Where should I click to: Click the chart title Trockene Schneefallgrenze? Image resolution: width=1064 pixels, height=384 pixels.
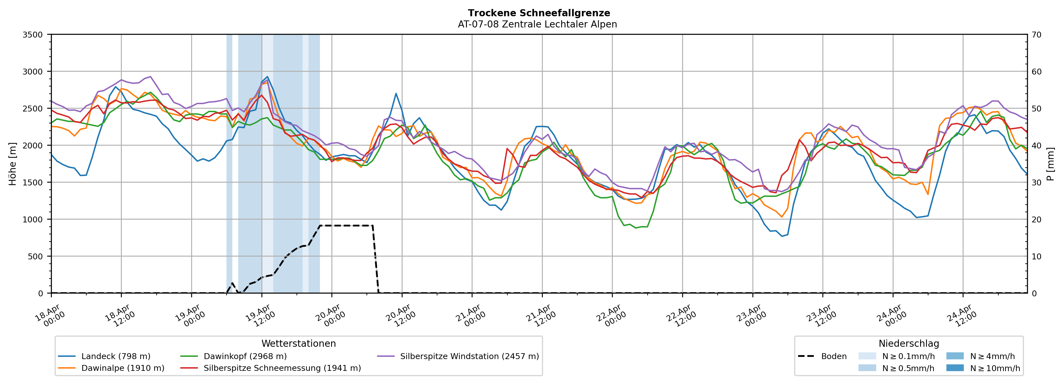coord(539,13)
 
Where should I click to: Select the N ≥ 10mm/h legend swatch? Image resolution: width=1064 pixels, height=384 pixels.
coord(955,368)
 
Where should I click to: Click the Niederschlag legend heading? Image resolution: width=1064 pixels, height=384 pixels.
coord(909,343)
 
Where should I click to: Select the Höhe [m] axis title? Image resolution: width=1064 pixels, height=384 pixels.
coord(13,164)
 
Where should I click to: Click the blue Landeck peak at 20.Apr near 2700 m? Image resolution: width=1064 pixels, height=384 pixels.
coord(396,94)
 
